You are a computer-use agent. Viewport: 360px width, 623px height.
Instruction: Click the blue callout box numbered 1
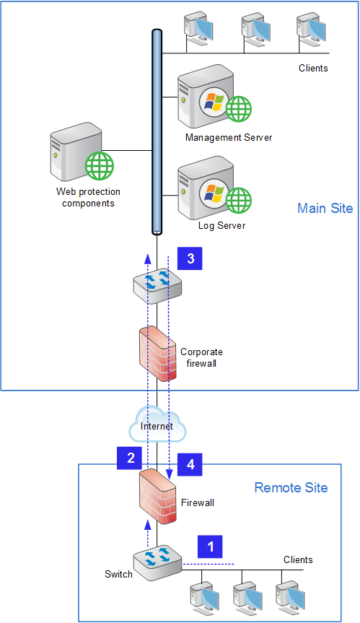coord(210,546)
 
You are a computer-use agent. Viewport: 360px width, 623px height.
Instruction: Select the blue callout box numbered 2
coord(129,458)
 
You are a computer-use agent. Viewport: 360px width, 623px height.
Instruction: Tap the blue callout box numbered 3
coord(190,258)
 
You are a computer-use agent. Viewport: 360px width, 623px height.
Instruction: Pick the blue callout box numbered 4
coord(190,464)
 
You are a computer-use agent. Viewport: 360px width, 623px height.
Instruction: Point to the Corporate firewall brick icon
coord(157,354)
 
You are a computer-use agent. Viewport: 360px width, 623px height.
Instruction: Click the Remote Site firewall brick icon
coord(157,497)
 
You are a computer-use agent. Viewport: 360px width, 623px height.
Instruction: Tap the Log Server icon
coord(214,188)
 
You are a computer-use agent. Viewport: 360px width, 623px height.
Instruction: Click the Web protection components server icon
coord(82,152)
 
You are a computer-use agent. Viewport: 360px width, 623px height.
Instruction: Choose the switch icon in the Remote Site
coord(157,562)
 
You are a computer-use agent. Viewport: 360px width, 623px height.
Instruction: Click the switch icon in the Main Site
coord(157,285)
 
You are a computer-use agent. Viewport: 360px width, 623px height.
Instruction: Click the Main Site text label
coord(325,208)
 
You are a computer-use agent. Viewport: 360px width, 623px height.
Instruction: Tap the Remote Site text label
coord(291,487)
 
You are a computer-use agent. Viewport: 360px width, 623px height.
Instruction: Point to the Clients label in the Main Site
coord(313,68)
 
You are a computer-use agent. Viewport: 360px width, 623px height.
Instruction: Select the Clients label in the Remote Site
coord(298,559)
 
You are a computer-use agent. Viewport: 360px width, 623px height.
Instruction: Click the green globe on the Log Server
coord(239,200)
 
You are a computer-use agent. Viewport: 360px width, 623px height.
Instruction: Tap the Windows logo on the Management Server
coord(214,102)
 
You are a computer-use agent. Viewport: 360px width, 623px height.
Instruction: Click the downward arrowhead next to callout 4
coord(170,474)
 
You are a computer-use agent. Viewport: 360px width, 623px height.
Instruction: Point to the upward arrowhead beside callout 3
coord(148,258)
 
